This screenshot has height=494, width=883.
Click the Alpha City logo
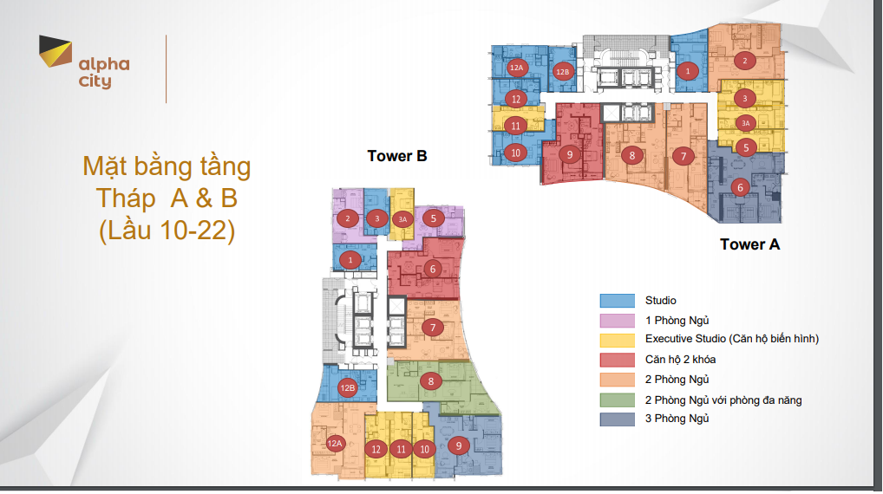84,62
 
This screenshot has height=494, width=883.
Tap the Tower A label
749,244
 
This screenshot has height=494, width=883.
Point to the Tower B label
397,156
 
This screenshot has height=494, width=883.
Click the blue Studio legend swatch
618,301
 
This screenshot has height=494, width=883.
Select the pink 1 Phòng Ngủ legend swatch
618,320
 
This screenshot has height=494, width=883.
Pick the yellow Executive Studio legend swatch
618,340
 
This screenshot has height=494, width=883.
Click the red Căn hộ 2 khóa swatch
618,360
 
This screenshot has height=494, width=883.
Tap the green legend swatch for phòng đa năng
618,400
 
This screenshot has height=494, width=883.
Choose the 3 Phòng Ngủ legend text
677,419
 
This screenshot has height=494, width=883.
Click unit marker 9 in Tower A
570,154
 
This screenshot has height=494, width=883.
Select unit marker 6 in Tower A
741,187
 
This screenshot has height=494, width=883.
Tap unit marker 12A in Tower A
516,68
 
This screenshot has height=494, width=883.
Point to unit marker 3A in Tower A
746,123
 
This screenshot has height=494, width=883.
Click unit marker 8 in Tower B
431,381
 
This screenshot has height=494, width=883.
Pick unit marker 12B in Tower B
348,387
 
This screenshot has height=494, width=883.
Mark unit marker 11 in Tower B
401,449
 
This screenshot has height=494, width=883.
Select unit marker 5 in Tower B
433,218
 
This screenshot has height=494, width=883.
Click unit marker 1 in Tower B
350,260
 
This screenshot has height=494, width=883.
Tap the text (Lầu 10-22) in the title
167,231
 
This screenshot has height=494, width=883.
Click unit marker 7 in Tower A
684,156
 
